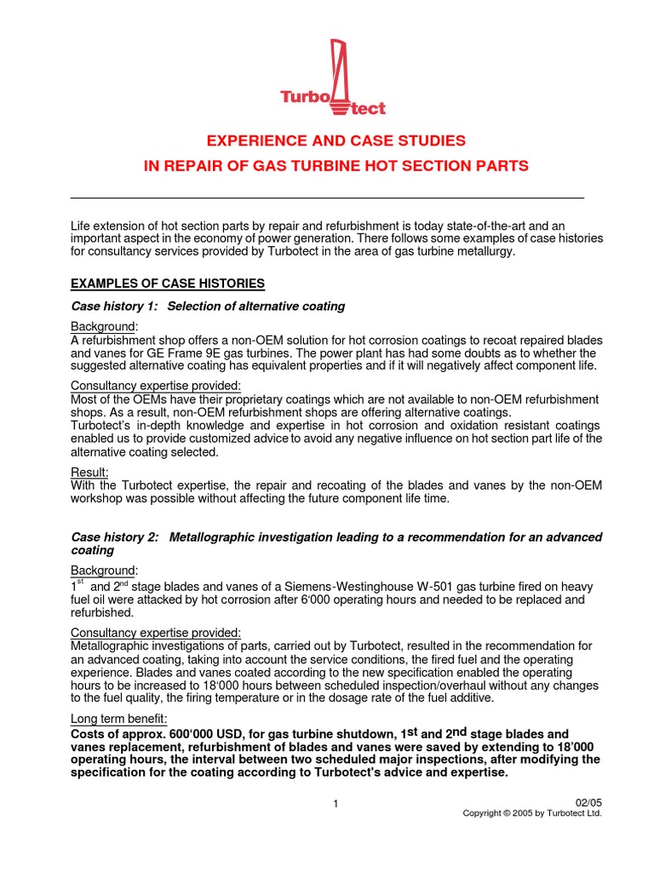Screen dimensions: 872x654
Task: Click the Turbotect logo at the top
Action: click(x=334, y=78)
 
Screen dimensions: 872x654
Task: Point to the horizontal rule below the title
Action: click(x=327, y=198)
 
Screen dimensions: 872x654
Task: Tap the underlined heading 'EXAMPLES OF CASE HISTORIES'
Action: click(x=168, y=283)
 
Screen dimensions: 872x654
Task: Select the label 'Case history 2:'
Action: click(x=115, y=537)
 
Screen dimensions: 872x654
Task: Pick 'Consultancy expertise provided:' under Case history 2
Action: click(x=156, y=634)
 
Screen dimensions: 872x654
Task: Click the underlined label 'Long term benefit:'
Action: click(x=118, y=720)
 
